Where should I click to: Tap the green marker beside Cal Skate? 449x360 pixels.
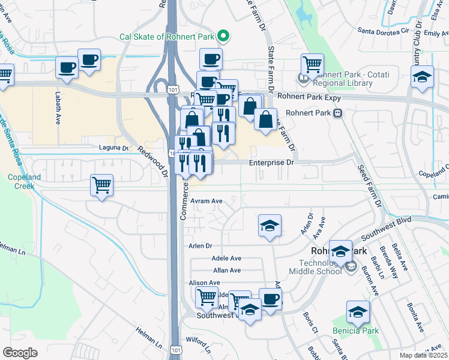click(223, 37)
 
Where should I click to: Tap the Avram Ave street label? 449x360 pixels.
click(206, 202)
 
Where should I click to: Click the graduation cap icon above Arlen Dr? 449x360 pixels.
click(270, 226)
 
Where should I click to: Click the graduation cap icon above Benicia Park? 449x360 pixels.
click(358, 311)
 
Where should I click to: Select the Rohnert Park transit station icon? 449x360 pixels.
click(338, 112)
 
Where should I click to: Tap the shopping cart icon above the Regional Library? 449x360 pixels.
click(312, 64)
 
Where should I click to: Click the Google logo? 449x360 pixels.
click(20, 352)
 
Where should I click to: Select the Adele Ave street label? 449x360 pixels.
click(226, 258)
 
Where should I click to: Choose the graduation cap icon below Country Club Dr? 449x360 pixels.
click(422, 77)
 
